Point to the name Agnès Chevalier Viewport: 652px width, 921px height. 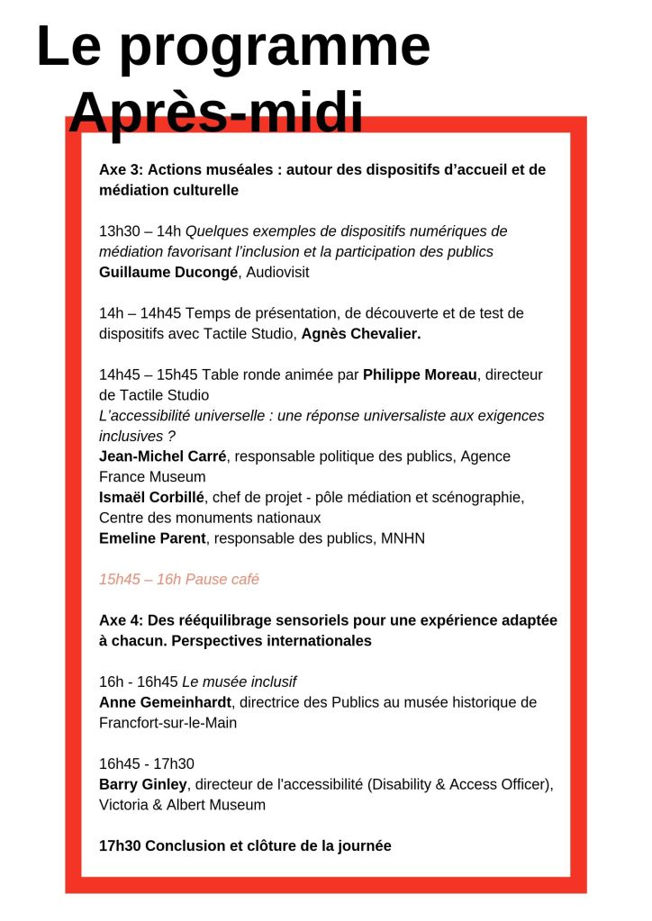tap(361, 334)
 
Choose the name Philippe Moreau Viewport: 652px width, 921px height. tap(420, 375)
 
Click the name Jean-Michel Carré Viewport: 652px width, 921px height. tap(162, 456)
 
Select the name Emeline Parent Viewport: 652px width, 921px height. tap(152, 538)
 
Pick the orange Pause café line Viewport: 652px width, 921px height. tap(179, 579)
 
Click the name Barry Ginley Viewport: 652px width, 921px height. tap(143, 784)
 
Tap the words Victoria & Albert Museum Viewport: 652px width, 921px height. tap(182, 805)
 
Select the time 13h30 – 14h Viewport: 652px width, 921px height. tap(140, 231)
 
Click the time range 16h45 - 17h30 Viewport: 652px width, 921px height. tap(147, 763)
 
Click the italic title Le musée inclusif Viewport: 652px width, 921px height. tap(246, 682)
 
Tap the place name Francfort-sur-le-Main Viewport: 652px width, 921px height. tap(168, 723)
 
